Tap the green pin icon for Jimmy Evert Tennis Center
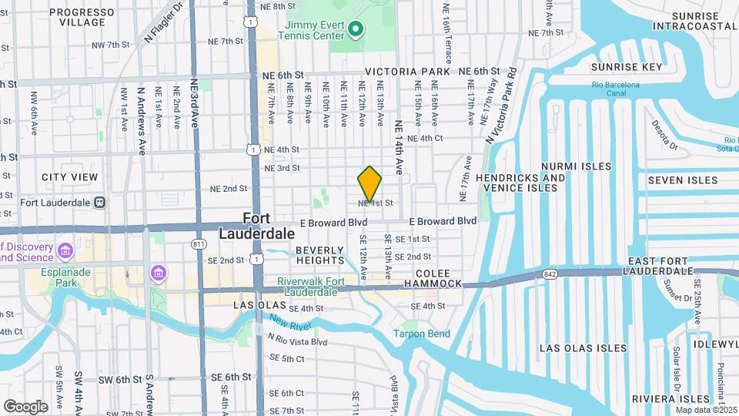click(x=355, y=30)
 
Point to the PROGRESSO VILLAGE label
click(x=87, y=18)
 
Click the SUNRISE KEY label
click(x=627, y=67)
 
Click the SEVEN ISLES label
click(x=682, y=180)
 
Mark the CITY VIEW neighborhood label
click(x=70, y=177)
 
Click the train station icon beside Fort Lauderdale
click(x=99, y=203)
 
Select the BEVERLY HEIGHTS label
click(x=319, y=256)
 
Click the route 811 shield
click(x=199, y=244)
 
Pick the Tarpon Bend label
click(x=421, y=334)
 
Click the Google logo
click(x=25, y=406)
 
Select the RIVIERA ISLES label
click(x=670, y=399)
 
